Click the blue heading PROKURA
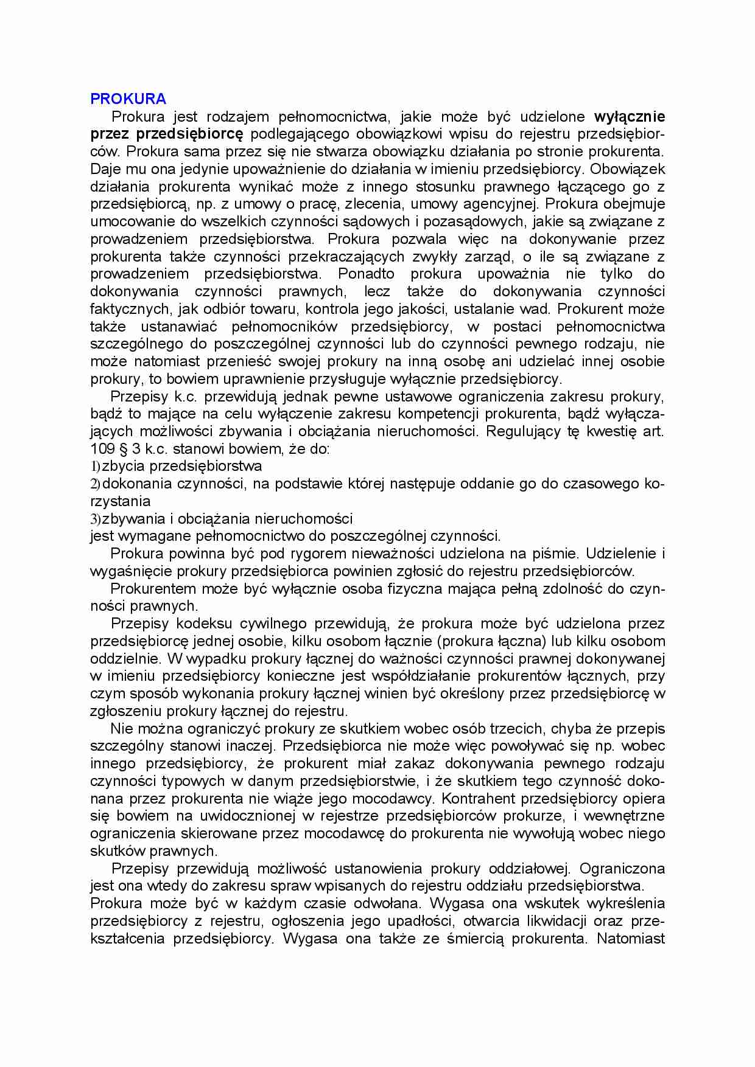click(128, 99)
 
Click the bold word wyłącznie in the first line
click(629, 116)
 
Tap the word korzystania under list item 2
click(120, 502)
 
